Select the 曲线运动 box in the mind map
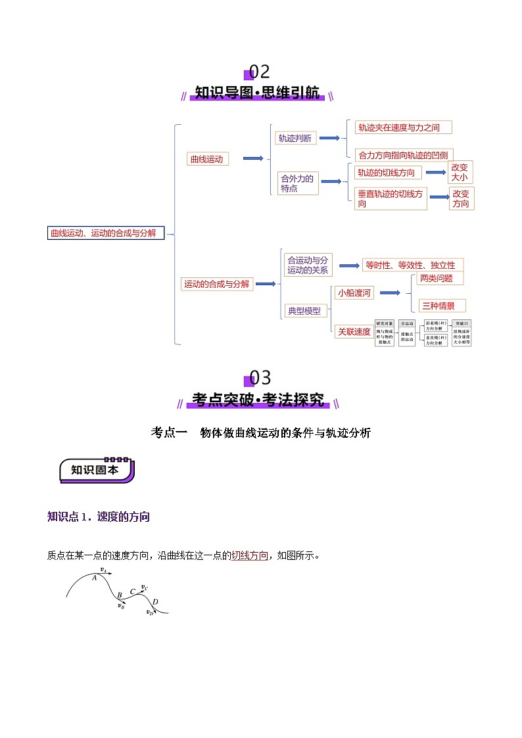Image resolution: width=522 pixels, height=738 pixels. point(207,158)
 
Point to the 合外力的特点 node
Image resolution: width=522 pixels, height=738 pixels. point(298,183)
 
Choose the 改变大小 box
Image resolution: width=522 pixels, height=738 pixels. point(460,172)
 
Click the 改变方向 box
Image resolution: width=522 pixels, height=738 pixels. point(461,198)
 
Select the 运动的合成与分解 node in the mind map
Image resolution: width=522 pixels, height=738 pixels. point(217,284)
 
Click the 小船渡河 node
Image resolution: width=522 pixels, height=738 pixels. point(354,293)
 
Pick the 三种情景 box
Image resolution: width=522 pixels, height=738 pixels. point(442,306)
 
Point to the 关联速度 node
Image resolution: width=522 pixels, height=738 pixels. point(354,332)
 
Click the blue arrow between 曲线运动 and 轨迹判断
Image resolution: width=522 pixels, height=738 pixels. point(253,158)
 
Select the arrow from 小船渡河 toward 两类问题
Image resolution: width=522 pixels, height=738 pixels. point(391,293)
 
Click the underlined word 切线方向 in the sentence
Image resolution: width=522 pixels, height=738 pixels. point(249,555)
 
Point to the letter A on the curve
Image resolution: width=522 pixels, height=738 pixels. point(95,578)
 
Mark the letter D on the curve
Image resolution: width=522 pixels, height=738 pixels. point(155,602)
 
